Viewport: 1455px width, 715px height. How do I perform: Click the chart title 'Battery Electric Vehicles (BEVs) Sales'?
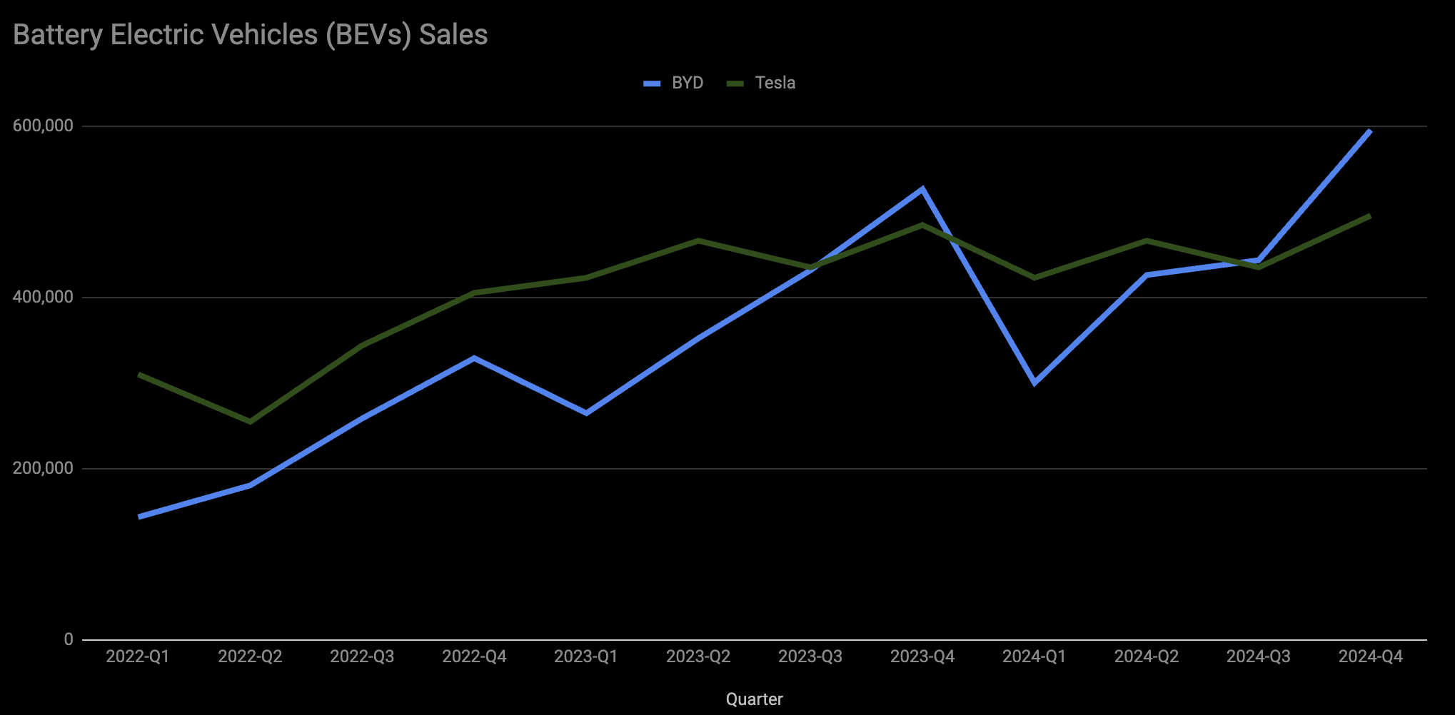point(250,35)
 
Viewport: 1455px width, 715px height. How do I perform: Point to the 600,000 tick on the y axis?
point(43,126)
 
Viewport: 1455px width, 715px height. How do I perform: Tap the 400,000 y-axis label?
point(43,297)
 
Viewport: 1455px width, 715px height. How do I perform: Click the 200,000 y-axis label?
point(43,468)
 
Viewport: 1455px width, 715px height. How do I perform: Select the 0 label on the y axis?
point(69,639)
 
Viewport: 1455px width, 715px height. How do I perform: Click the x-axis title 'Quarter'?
point(754,699)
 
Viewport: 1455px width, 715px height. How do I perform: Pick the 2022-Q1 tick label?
point(138,656)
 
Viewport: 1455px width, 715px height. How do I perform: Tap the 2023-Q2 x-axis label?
point(698,656)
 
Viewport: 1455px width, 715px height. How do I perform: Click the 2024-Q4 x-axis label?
point(1370,656)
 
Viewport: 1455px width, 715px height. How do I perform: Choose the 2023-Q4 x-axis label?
point(922,656)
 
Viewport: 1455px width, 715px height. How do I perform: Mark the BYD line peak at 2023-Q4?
point(922,189)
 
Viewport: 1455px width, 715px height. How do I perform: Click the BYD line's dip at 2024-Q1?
point(1034,383)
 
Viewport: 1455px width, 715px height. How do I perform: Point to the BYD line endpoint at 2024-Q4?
point(1369,132)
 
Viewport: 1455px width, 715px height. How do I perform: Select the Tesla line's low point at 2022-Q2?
point(250,422)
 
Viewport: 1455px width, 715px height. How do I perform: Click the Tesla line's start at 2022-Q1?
point(139,375)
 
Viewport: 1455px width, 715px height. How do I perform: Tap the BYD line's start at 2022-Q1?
point(139,516)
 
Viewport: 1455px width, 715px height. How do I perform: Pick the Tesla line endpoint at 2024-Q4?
point(1369,215)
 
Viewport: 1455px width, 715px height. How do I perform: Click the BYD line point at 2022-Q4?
point(474,358)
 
